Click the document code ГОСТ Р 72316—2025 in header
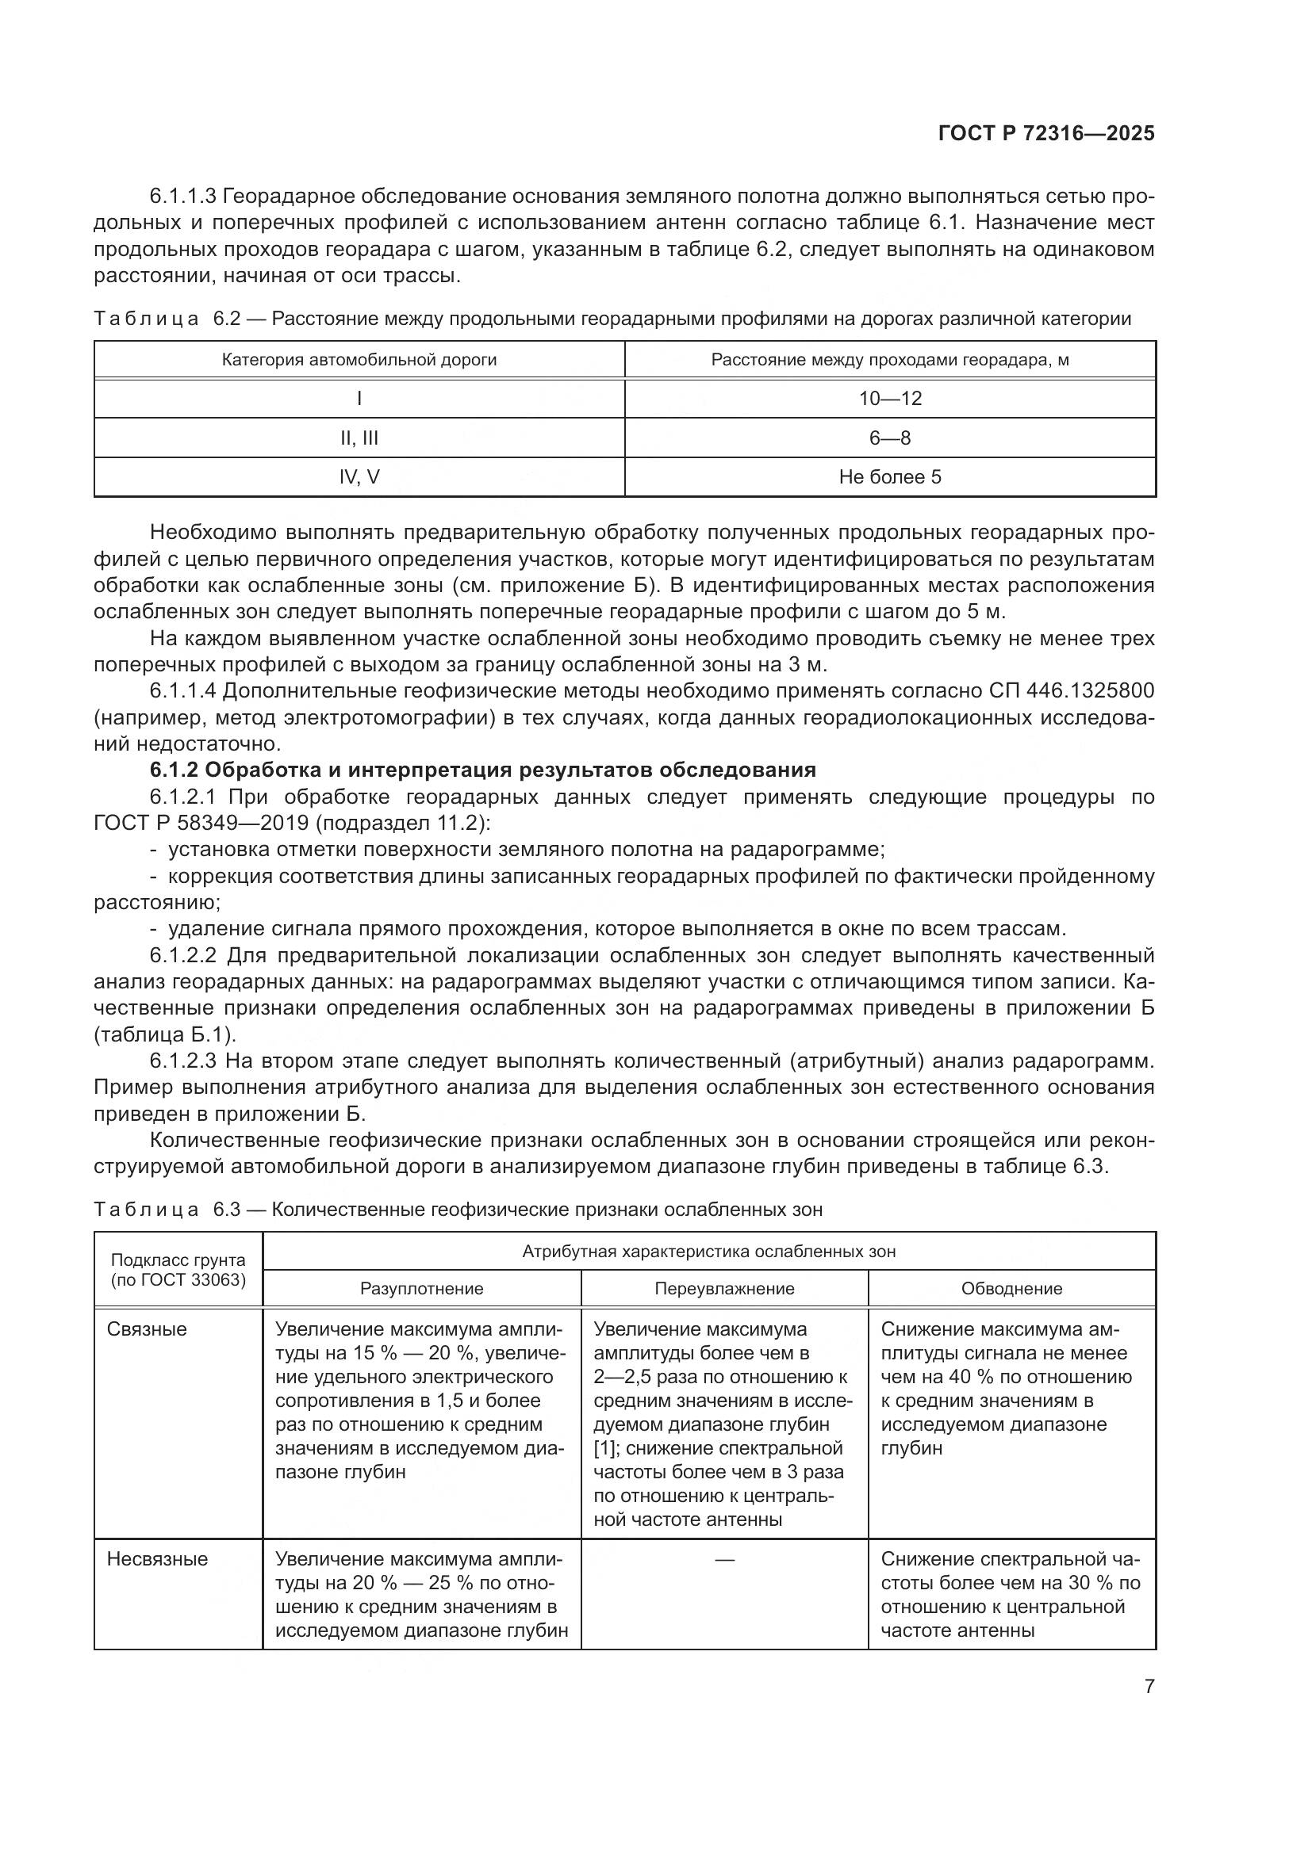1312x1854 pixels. point(1046,134)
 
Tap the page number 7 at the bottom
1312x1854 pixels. point(1149,1686)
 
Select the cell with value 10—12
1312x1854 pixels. point(889,398)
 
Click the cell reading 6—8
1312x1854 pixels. point(889,438)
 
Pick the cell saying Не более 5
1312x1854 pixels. point(889,476)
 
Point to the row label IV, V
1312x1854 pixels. point(359,476)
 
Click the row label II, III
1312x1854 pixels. point(359,438)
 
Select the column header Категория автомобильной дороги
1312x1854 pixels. point(359,360)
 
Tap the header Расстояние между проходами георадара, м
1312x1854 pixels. point(889,360)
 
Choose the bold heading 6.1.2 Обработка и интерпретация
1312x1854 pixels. point(482,770)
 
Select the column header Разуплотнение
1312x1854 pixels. point(422,1289)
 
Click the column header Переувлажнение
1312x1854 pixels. point(724,1289)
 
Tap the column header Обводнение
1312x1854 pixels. point(1011,1289)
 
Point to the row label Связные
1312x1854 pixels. point(147,1329)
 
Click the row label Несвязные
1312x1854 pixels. point(157,1559)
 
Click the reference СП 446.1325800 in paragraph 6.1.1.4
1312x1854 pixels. point(1071,691)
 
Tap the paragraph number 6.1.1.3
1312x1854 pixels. point(182,197)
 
